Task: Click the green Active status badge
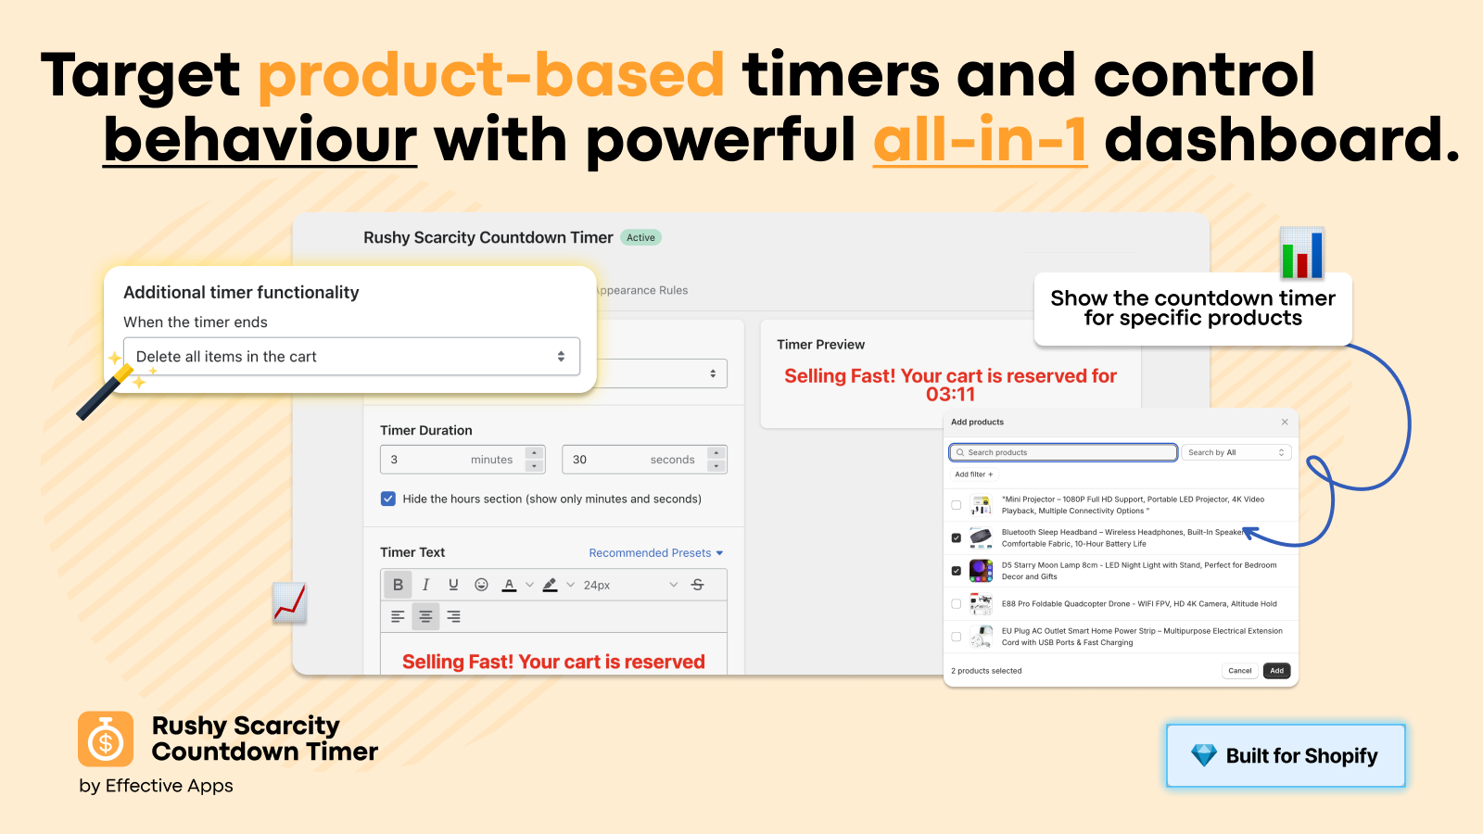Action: click(x=640, y=237)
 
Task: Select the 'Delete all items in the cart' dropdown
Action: click(x=351, y=357)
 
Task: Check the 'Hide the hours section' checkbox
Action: click(x=388, y=499)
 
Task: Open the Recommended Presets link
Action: click(x=655, y=552)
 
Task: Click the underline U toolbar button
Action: click(x=453, y=585)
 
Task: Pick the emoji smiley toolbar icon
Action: click(x=481, y=585)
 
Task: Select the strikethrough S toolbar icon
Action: click(x=697, y=585)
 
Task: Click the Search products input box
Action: click(x=1063, y=452)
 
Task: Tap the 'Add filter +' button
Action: click(x=974, y=474)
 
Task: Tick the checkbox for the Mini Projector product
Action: click(x=956, y=505)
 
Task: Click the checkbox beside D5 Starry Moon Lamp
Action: click(x=956, y=571)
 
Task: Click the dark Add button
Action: click(x=1276, y=671)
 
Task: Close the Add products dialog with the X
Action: click(x=1285, y=422)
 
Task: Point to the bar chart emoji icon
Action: click(x=1301, y=253)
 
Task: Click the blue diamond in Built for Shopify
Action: click(x=1204, y=755)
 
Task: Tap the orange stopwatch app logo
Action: click(x=106, y=739)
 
